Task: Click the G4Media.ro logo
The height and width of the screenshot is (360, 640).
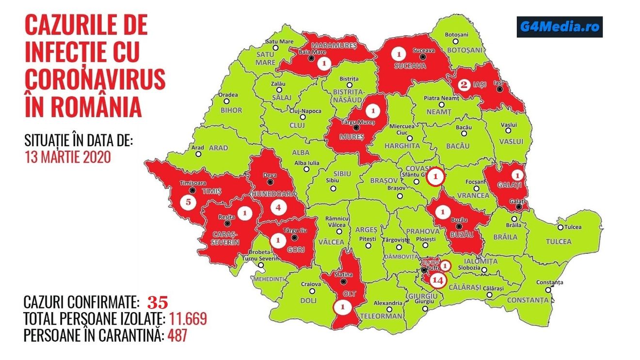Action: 559,27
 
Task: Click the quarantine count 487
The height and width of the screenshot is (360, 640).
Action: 177,335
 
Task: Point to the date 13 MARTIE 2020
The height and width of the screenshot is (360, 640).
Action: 68,157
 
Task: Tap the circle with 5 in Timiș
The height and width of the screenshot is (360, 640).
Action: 188,202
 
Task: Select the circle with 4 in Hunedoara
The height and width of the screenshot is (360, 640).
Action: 278,208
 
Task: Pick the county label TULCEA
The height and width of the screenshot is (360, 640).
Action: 559,241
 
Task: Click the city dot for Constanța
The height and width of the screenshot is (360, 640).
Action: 549,290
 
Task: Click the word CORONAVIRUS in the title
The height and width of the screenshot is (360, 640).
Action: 95,78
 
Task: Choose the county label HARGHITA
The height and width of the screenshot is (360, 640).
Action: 402,145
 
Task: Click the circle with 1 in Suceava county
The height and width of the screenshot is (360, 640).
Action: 399,53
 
